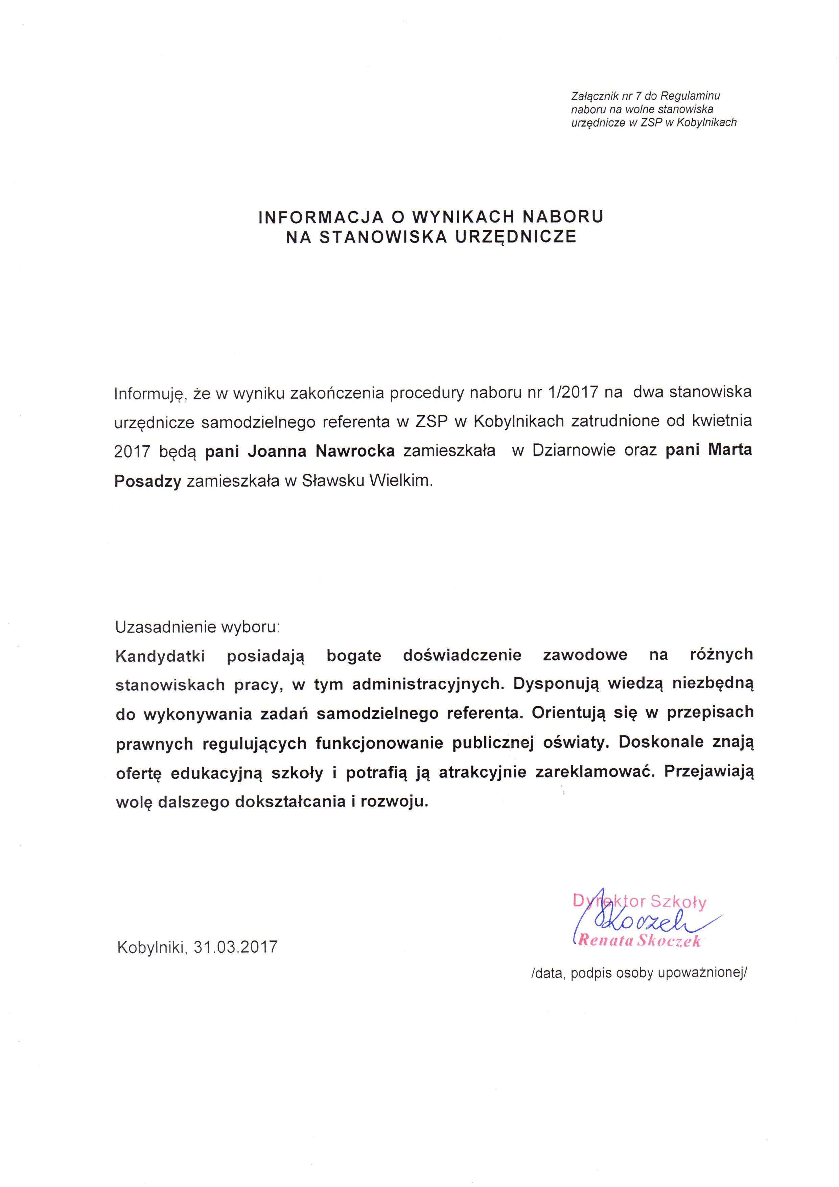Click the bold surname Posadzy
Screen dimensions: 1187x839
pyautogui.click(x=148, y=481)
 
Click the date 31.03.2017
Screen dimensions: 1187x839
pyautogui.click(x=235, y=947)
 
